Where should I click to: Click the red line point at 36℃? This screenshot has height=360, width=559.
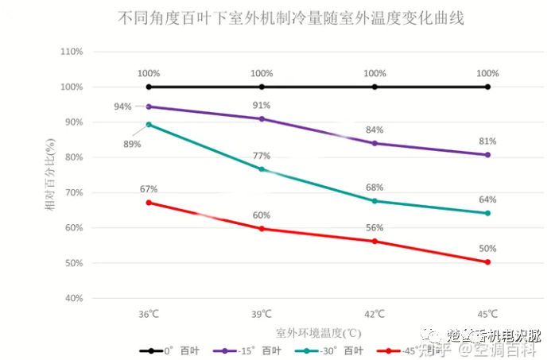149,203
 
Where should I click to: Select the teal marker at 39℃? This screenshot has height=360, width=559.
262,169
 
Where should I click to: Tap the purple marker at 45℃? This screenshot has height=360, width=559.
487,155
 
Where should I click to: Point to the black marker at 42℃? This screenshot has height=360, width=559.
375,87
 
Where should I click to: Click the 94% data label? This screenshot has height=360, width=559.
122,106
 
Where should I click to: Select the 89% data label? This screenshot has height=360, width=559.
132,144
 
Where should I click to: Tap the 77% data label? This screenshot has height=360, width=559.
262,156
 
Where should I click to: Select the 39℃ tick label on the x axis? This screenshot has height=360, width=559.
262,314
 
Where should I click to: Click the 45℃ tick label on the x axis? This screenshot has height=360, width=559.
487,314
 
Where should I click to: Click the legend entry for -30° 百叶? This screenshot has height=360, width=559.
328,350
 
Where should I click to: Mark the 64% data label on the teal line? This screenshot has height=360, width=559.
487,199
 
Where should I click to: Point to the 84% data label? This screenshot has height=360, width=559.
375,130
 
